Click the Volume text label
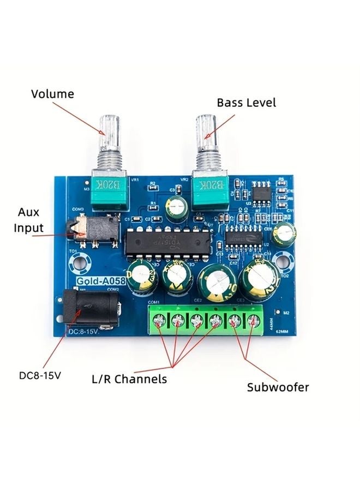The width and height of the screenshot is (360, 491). (x=52, y=94)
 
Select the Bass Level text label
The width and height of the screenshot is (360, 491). (x=246, y=103)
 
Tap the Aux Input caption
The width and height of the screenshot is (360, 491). (x=28, y=220)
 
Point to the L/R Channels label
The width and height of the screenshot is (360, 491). (x=129, y=379)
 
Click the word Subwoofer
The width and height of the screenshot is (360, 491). (x=278, y=387)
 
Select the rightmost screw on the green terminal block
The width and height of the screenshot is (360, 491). (x=252, y=321)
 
